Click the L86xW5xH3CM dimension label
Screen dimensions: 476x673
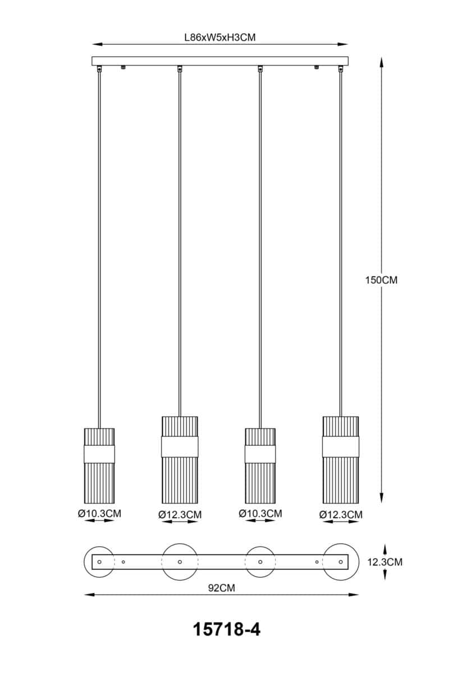coord(220,38)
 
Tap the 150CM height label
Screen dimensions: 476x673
coord(381,280)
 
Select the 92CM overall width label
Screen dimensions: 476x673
coord(222,588)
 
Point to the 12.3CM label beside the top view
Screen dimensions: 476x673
coord(385,562)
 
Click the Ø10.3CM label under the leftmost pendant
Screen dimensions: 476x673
coord(99,514)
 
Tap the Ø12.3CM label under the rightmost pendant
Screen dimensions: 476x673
coord(341,515)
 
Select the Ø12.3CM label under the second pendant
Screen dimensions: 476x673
coord(180,515)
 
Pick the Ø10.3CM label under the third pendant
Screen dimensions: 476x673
coord(260,514)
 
